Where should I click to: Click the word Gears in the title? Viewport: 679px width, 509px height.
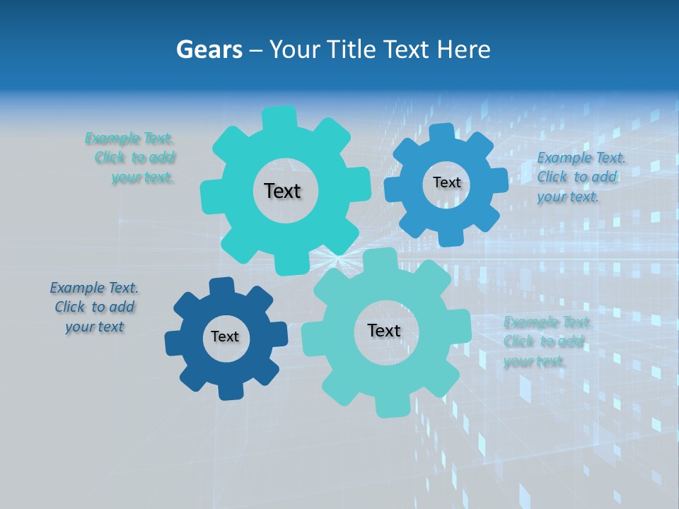pos(209,49)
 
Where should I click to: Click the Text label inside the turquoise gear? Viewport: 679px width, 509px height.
pos(282,191)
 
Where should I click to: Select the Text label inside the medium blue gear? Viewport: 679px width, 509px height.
pos(446,182)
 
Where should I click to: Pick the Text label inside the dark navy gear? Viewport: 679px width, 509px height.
pos(225,337)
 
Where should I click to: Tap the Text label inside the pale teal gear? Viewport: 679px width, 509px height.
pos(384,330)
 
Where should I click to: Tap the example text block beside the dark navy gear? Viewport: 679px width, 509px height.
pos(94,307)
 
